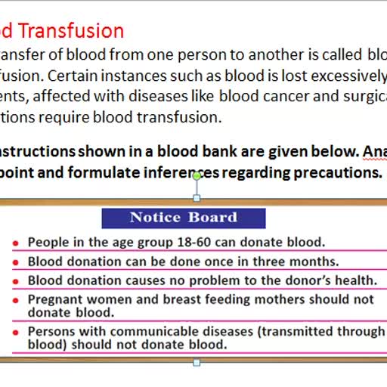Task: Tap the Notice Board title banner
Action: [x=184, y=218]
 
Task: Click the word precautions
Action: [x=333, y=172]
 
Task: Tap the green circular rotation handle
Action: [x=197, y=176]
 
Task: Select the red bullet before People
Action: [x=16, y=243]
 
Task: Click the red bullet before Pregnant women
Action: [x=16, y=300]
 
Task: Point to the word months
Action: [x=314, y=261]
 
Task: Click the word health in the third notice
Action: [x=350, y=280]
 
